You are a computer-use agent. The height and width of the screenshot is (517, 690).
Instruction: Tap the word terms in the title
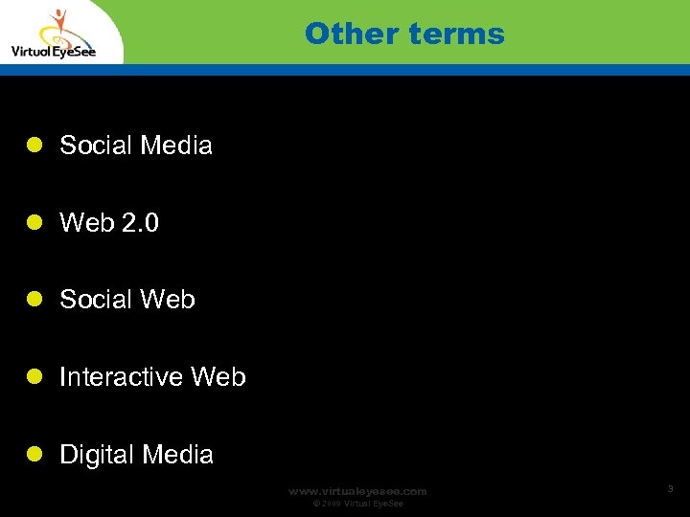[455, 34]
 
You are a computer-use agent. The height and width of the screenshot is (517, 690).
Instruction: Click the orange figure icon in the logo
[59, 25]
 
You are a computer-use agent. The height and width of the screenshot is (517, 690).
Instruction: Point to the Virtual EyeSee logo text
[53, 52]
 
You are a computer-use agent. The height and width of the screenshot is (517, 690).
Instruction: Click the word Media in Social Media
[175, 146]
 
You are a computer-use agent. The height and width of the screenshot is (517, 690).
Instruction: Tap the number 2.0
[140, 223]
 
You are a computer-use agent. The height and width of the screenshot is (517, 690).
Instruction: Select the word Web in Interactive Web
[218, 377]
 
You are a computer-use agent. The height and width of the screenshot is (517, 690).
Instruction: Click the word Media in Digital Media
[176, 455]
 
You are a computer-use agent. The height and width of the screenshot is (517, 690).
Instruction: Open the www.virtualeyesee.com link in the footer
[357, 491]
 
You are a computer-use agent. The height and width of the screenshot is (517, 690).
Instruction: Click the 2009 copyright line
[358, 504]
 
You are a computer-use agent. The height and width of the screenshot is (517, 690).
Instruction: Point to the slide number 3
[670, 489]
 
